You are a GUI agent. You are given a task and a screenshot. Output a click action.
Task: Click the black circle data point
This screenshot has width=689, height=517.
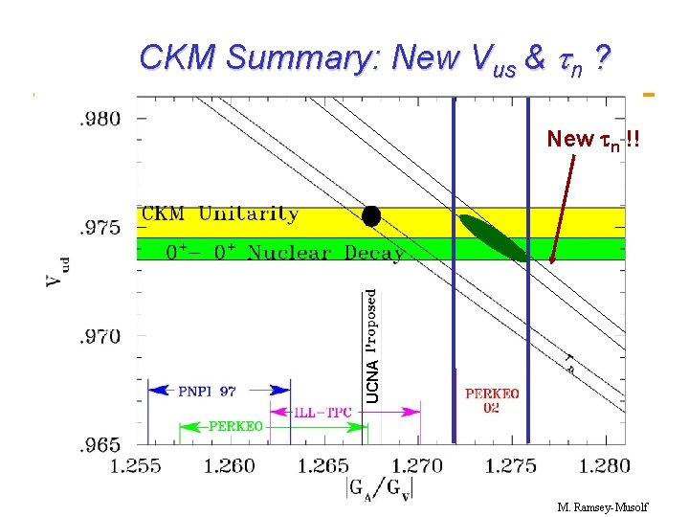[371, 216]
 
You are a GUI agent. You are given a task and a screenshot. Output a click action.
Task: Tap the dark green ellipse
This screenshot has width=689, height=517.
[493, 237]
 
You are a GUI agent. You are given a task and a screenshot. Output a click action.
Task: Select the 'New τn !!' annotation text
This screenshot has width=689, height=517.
[593, 140]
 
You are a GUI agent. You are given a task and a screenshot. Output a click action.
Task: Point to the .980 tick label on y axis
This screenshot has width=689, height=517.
[100, 119]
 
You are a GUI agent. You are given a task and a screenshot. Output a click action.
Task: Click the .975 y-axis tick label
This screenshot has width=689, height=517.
[100, 228]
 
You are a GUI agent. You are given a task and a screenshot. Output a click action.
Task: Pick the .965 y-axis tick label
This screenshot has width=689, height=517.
[100, 444]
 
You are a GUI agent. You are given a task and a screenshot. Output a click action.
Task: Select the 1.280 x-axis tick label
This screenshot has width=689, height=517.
[605, 465]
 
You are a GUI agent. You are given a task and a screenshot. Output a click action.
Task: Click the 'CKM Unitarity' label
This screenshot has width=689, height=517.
[220, 214]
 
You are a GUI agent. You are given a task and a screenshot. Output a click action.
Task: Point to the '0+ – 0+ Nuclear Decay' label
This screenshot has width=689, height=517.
[285, 253]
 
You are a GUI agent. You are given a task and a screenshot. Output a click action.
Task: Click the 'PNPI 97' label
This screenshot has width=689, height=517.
[207, 391]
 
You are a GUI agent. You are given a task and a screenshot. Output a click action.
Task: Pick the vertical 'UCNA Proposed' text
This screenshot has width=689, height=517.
[372, 346]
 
